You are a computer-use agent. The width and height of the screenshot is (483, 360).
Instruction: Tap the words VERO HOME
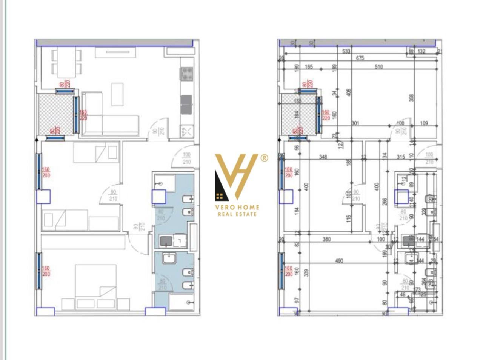(x=237, y=207)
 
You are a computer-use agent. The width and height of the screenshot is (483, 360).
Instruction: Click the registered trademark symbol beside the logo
(x=265, y=158)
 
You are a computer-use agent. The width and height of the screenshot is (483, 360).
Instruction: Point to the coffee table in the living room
(x=117, y=94)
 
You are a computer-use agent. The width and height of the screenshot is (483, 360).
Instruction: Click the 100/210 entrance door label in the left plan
(x=186, y=158)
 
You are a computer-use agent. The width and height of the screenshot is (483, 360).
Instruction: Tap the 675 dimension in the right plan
(x=360, y=58)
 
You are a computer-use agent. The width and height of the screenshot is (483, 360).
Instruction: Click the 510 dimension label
(x=378, y=67)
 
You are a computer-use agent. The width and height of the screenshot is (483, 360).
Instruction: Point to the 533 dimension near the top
(x=346, y=51)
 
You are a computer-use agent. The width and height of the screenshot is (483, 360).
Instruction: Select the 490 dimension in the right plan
(x=339, y=261)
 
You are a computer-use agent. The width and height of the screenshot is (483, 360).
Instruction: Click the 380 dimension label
(x=327, y=239)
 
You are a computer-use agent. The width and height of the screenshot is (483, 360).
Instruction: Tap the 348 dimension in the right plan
(x=323, y=157)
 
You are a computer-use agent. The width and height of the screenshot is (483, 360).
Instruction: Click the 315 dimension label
(x=401, y=157)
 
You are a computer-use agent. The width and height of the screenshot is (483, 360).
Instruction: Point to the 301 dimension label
(x=355, y=123)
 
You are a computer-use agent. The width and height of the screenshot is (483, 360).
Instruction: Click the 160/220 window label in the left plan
(x=83, y=115)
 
